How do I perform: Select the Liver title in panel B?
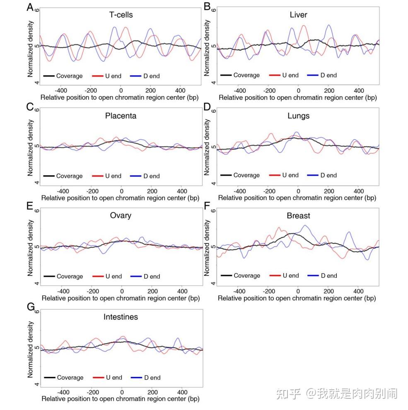click(298, 15)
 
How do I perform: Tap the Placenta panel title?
click(121, 116)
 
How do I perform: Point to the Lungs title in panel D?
click(298, 116)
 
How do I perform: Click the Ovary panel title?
click(121, 216)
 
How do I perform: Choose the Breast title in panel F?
click(298, 216)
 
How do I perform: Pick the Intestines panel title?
click(121, 317)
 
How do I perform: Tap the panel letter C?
click(29, 107)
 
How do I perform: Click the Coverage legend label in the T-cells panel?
click(70, 76)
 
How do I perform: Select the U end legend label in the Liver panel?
click(290, 75)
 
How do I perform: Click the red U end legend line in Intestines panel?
click(99, 378)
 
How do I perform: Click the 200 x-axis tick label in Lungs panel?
click(328, 191)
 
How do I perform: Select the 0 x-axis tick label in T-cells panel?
click(121, 90)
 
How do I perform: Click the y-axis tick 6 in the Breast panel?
click(213, 210)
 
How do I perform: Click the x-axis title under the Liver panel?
click(297, 97)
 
